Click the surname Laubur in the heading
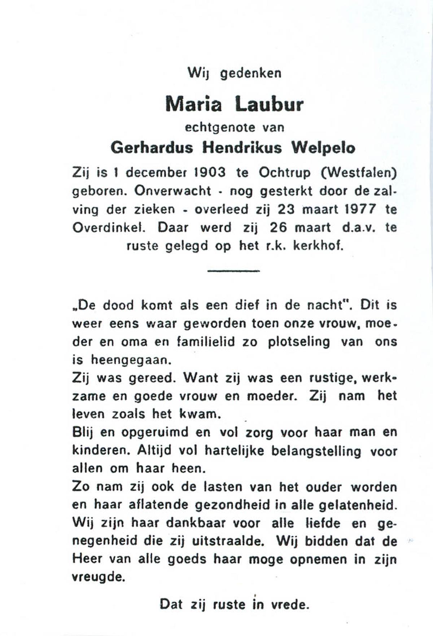269,105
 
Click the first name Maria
193,105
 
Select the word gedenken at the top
250,74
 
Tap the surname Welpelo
323,148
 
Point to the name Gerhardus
152,148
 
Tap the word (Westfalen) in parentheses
359,173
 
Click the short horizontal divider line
233,271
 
